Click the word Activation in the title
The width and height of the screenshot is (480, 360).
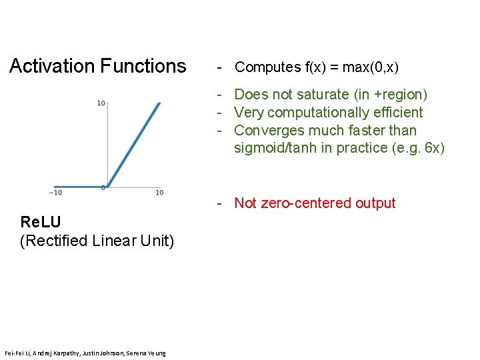tap(52, 66)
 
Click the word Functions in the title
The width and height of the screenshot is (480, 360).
tap(143, 66)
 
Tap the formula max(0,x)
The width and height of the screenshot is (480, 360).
tap(367, 67)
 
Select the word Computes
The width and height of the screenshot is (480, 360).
tap(268, 67)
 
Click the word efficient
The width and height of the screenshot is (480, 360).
tap(397, 113)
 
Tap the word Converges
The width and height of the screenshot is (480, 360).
tap(269, 131)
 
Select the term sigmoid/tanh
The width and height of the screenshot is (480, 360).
tap(275, 148)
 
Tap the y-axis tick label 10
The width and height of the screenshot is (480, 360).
tap(101, 103)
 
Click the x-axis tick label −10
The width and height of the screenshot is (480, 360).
tap(55, 193)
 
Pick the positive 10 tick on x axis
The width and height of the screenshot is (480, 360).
tap(159, 193)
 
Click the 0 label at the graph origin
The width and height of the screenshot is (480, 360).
tap(103, 189)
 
